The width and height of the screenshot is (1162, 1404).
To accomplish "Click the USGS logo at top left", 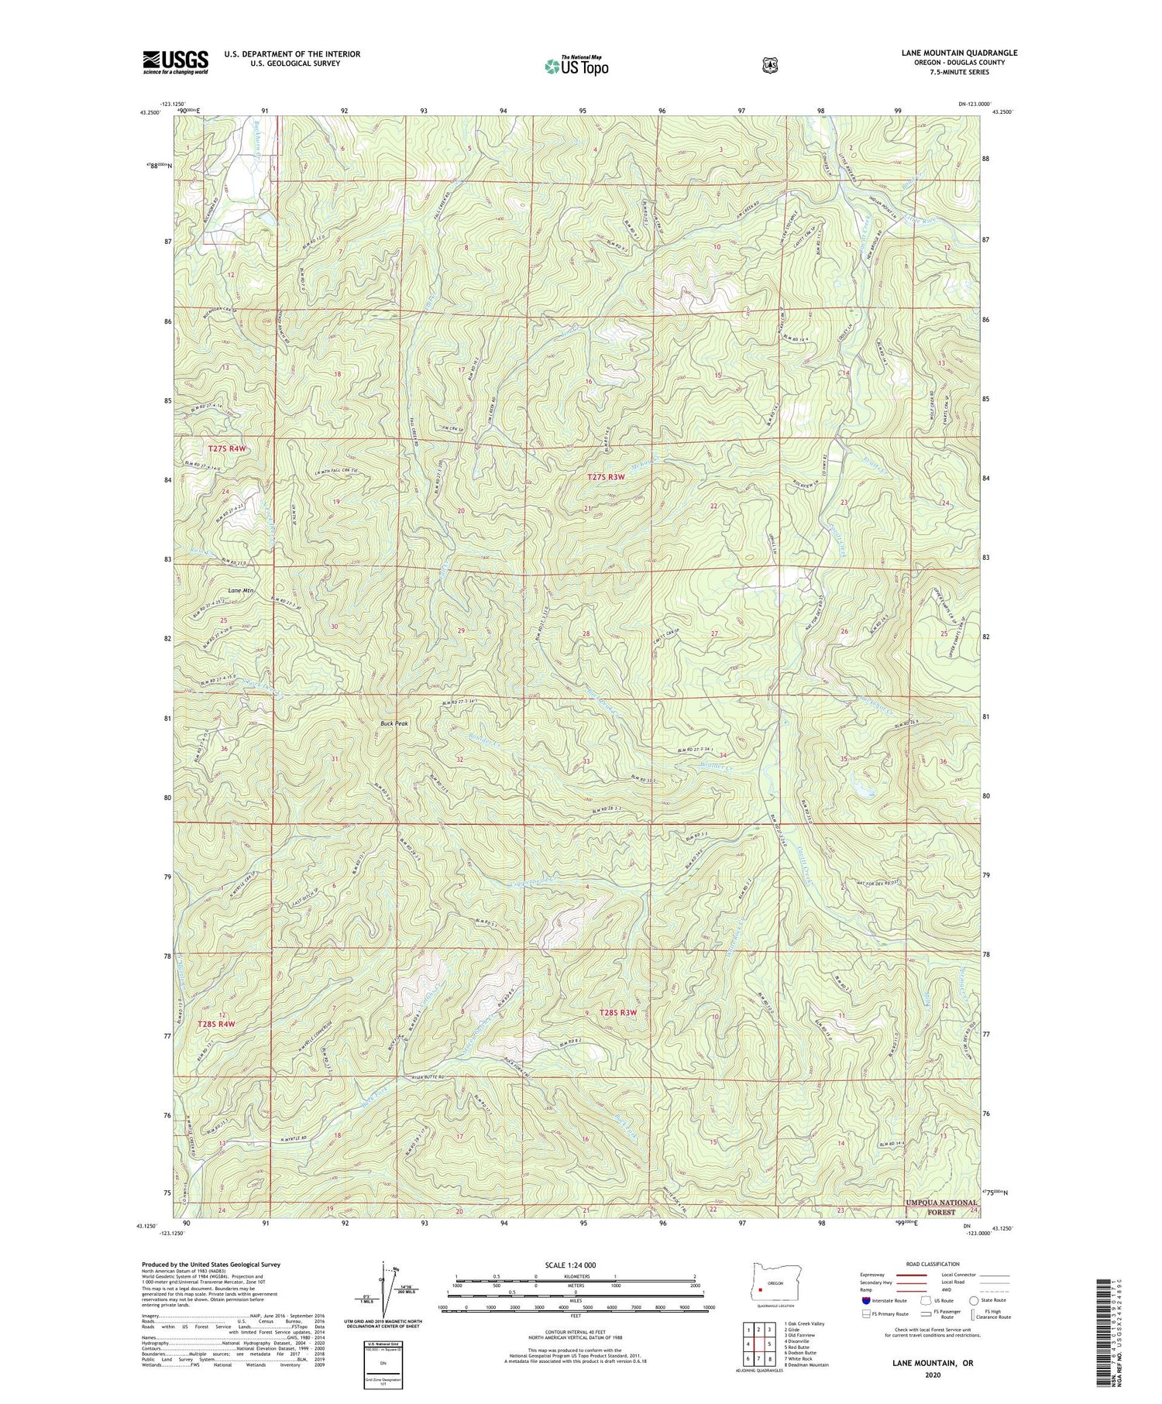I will [x=175, y=62].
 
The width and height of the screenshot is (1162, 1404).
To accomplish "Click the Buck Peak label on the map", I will [x=394, y=723].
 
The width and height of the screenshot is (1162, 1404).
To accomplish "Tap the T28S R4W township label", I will [x=216, y=1024].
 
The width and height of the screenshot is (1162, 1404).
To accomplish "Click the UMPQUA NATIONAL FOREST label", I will [x=941, y=1208].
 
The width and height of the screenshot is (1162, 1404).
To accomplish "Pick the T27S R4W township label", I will [x=226, y=448].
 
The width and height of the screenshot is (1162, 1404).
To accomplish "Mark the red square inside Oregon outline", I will [x=761, y=1291].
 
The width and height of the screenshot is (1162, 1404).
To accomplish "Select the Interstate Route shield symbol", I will [x=866, y=1300].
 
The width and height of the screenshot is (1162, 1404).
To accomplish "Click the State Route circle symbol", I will [x=973, y=1301].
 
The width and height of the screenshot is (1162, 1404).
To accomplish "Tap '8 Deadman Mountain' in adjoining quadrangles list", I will [x=806, y=1365].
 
